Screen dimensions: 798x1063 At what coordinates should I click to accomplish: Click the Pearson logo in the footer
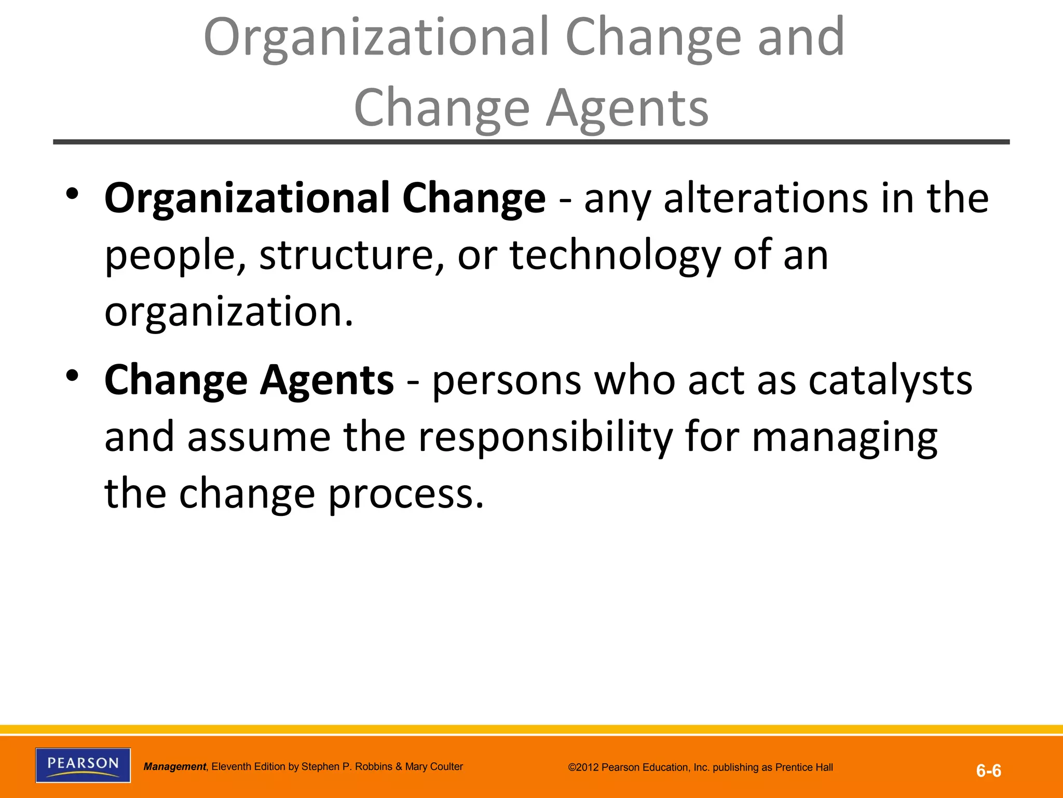click(x=83, y=765)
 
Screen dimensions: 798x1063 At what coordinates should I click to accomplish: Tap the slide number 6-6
click(x=989, y=771)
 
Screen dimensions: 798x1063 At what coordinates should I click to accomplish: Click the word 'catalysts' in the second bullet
click(x=890, y=380)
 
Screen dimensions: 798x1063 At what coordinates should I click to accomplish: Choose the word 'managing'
click(x=844, y=437)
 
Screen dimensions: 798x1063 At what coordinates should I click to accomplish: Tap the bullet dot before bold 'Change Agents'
click(x=72, y=375)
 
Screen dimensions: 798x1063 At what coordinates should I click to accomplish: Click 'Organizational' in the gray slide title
click(x=376, y=37)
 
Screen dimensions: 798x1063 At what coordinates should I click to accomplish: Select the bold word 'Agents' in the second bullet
click(x=327, y=380)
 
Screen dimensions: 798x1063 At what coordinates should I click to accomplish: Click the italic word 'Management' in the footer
click(x=175, y=767)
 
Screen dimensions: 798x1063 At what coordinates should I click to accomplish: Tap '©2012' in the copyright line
click(x=584, y=767)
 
